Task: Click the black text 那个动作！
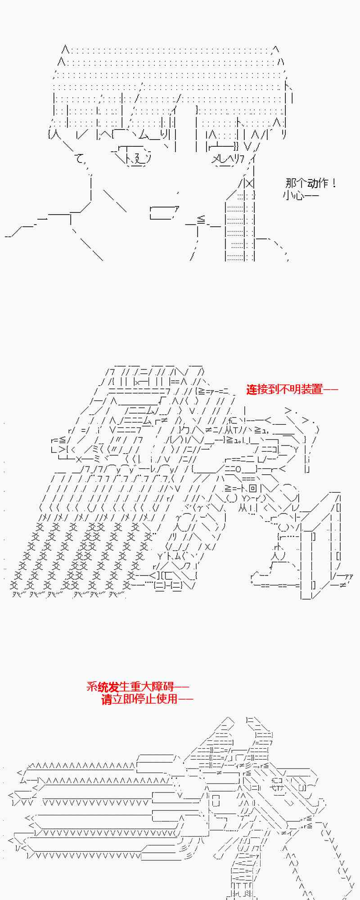(x=310, y=183)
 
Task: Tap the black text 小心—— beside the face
(x=301, y=195)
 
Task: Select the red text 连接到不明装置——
(x=292, y=389)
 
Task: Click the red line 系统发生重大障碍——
(x=138, y=687)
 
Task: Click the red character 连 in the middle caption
(x=252, y=389)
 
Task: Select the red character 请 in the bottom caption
(x=106, y=699)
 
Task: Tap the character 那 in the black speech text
(x=291, y=183)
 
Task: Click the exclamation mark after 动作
(x=333, y=183)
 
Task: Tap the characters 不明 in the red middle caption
(x=290, y=389)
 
